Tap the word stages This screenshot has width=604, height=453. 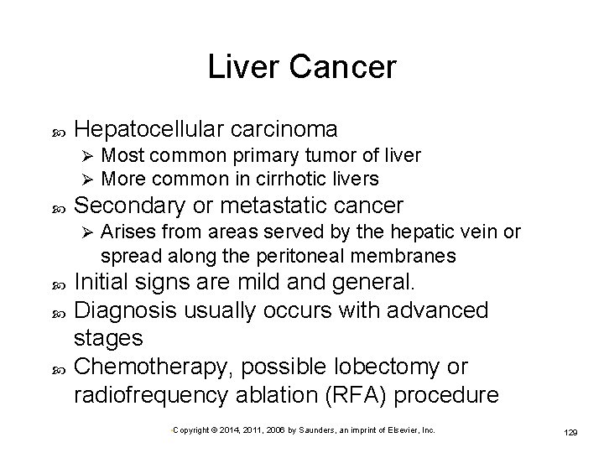click(x=110, y=339)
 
